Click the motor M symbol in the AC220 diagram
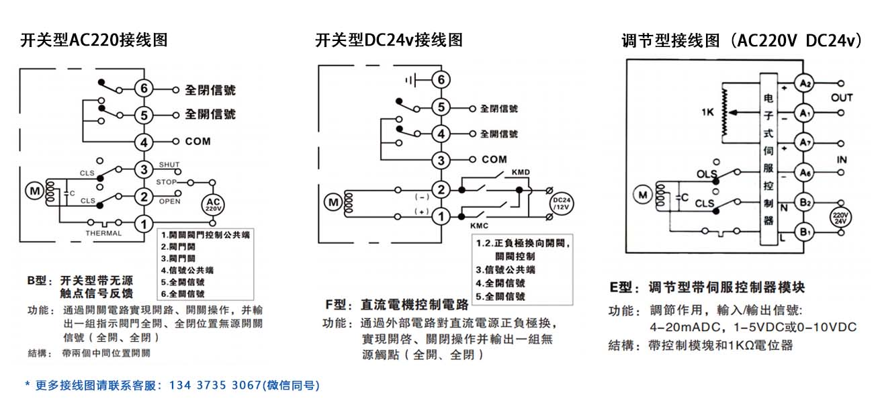click(x=34, y=191)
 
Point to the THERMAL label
click(x=104, y=234)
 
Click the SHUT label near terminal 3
click(x=169, y=165)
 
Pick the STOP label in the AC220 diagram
click(x=167, y=182)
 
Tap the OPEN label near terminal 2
click(x=169, y=201)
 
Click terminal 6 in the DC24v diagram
click(x=441, y=80)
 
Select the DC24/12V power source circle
click(x=560, y=203)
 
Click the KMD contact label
click(x=521, y=173)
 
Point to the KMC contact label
click(x=479, y=226)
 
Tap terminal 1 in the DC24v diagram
click(x=441, y=216)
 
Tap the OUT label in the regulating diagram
click(x=842, y=97)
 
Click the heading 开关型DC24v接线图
click(x=389, y=40)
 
